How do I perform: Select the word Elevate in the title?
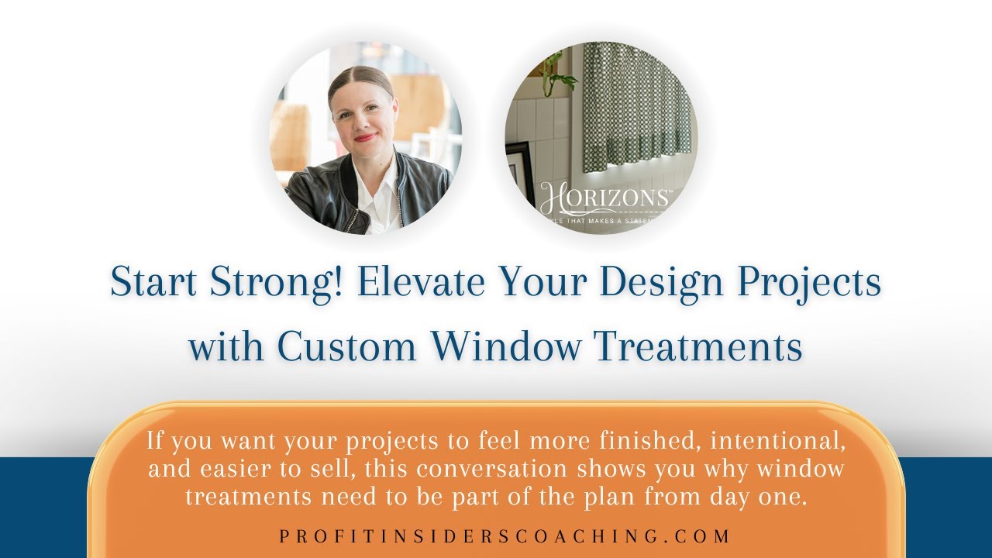[x=418, y=283]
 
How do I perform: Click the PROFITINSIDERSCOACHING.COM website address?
[x=505, y=536]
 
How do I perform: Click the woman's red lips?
[x=365, y=138]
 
